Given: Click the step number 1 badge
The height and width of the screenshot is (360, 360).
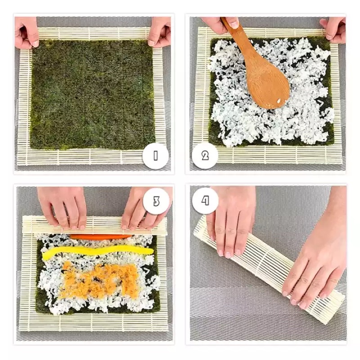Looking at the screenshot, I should (x=156, y=156).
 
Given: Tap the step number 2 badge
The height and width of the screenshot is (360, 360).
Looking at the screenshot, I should (x=205, y=156).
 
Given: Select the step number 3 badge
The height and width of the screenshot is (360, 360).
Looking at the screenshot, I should (x=156, y=201).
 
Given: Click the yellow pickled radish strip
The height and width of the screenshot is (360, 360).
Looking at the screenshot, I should (x=97, y=251).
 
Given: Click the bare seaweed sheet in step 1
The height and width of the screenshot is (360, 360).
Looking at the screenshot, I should (x=92, y=94).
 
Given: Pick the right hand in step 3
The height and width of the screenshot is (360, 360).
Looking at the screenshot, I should (x=142, y=209).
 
